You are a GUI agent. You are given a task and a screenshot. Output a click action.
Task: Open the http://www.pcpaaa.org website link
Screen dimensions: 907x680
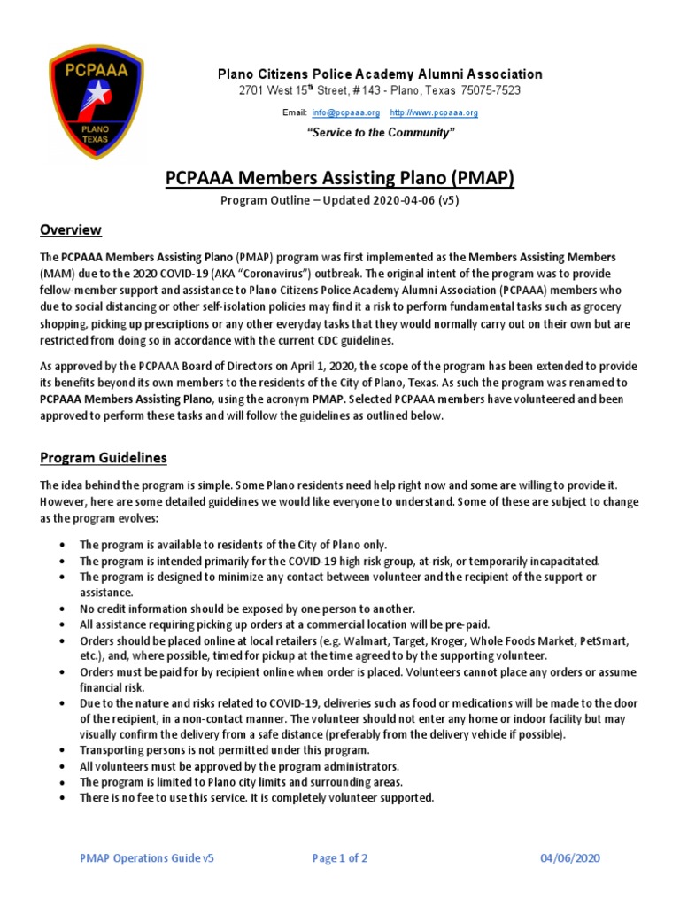pos(433,113)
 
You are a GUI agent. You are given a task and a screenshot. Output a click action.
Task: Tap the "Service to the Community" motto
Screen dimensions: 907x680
pos(380,132)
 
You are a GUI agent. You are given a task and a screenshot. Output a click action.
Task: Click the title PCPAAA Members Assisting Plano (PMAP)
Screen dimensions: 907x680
pos(340,180)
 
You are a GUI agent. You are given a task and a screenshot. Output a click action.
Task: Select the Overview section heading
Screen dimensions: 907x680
pos(71,230)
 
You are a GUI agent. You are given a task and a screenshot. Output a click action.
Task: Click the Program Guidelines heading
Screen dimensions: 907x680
pos(103,458)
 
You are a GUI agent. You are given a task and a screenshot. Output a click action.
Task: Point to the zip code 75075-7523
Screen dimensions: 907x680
pos(489,91)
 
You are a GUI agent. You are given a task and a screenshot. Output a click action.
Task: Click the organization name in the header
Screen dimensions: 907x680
pos(380,74)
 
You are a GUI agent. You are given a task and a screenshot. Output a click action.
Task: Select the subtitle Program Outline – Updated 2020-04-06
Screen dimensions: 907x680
pos(339,201)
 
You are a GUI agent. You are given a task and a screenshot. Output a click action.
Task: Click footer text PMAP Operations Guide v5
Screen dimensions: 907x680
pos(146,858)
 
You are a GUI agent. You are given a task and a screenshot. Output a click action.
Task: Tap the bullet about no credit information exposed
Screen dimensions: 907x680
pos(247,609)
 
